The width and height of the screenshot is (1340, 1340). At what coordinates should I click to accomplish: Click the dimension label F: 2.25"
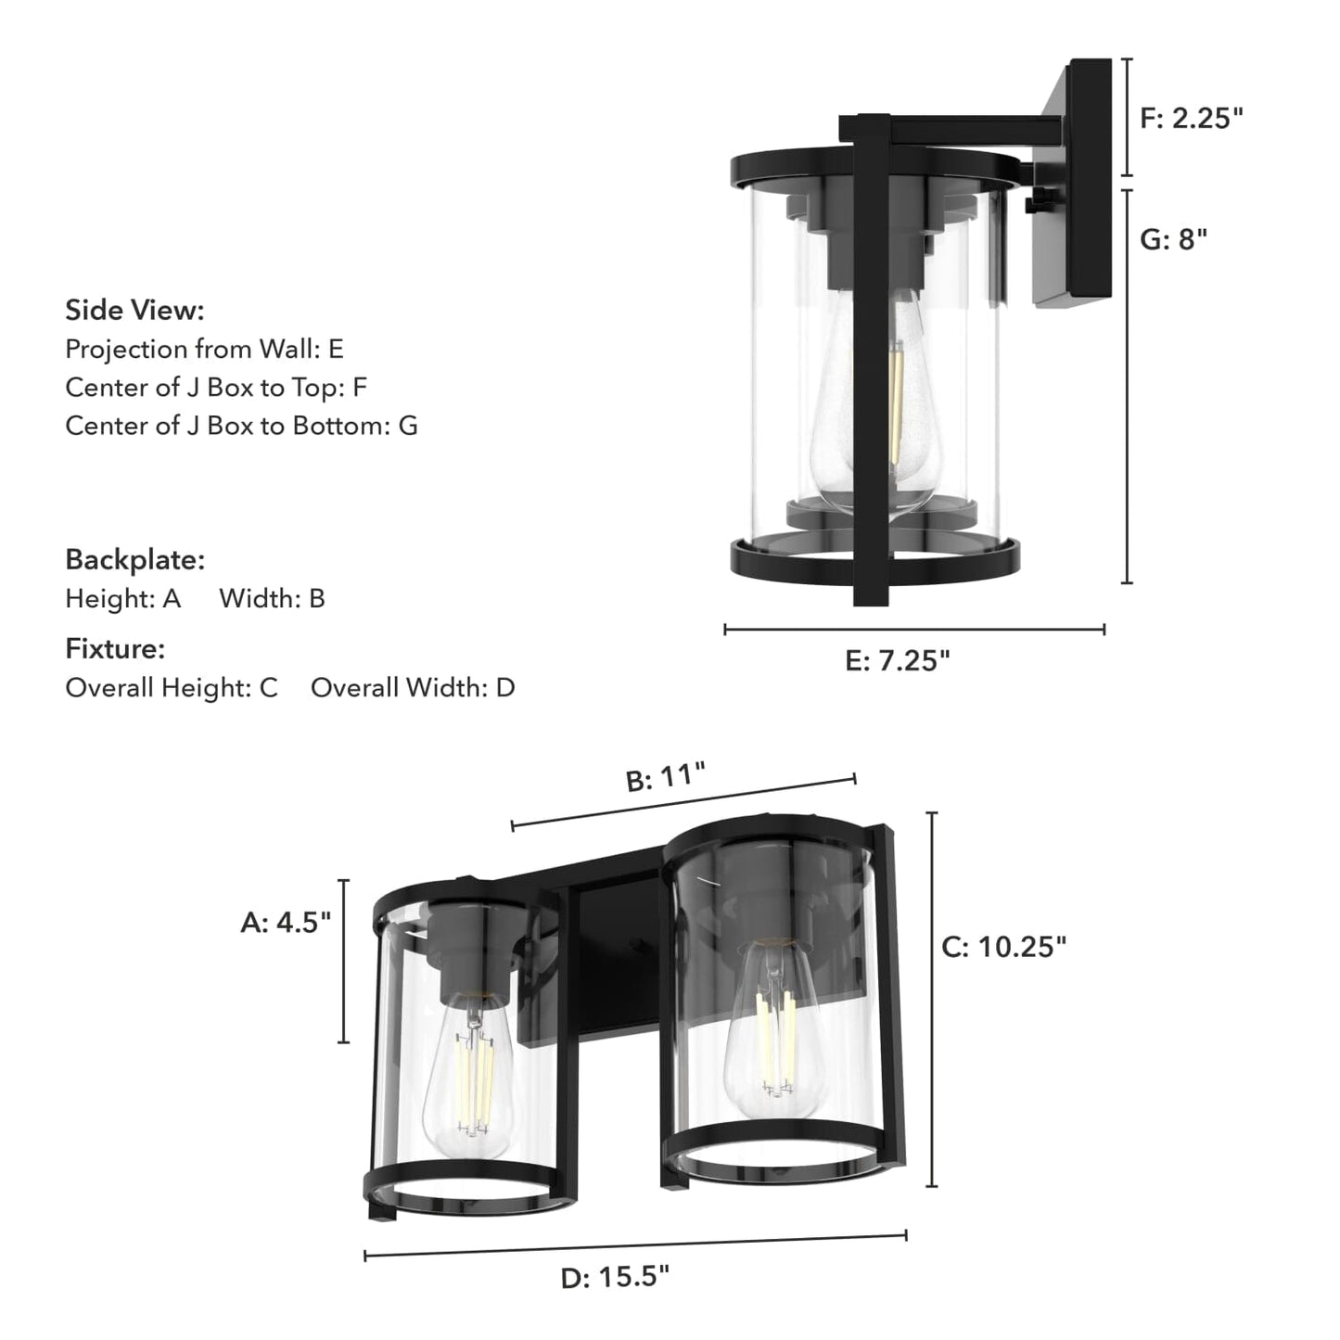[1191, 118]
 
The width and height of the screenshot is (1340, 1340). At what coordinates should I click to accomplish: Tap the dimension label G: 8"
[1173, 239]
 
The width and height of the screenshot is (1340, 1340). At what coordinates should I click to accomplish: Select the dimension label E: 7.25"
[898, 660]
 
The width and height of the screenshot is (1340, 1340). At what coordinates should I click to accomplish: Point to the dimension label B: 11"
[666, 776]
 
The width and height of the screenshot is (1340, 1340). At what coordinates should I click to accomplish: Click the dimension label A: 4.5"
[286, 922]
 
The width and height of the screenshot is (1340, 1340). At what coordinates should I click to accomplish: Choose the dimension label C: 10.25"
[1004, 946]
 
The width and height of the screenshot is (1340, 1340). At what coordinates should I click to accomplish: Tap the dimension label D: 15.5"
[615, 1277]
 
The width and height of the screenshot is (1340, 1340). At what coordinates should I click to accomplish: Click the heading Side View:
[134, 310]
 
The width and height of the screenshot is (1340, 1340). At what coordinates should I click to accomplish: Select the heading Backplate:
[134, 559]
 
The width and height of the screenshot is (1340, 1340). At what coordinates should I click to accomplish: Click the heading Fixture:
[115, 648]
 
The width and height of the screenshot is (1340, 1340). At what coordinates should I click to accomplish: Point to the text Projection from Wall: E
[204, 349]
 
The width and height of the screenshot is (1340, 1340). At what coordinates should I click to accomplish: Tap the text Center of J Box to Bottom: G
[241, 426]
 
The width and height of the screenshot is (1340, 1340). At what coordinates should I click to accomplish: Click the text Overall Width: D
[413, 687]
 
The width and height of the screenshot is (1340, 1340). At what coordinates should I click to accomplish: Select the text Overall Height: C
[172, 687]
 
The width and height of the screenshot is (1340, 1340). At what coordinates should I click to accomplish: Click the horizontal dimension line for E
[914, 630]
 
